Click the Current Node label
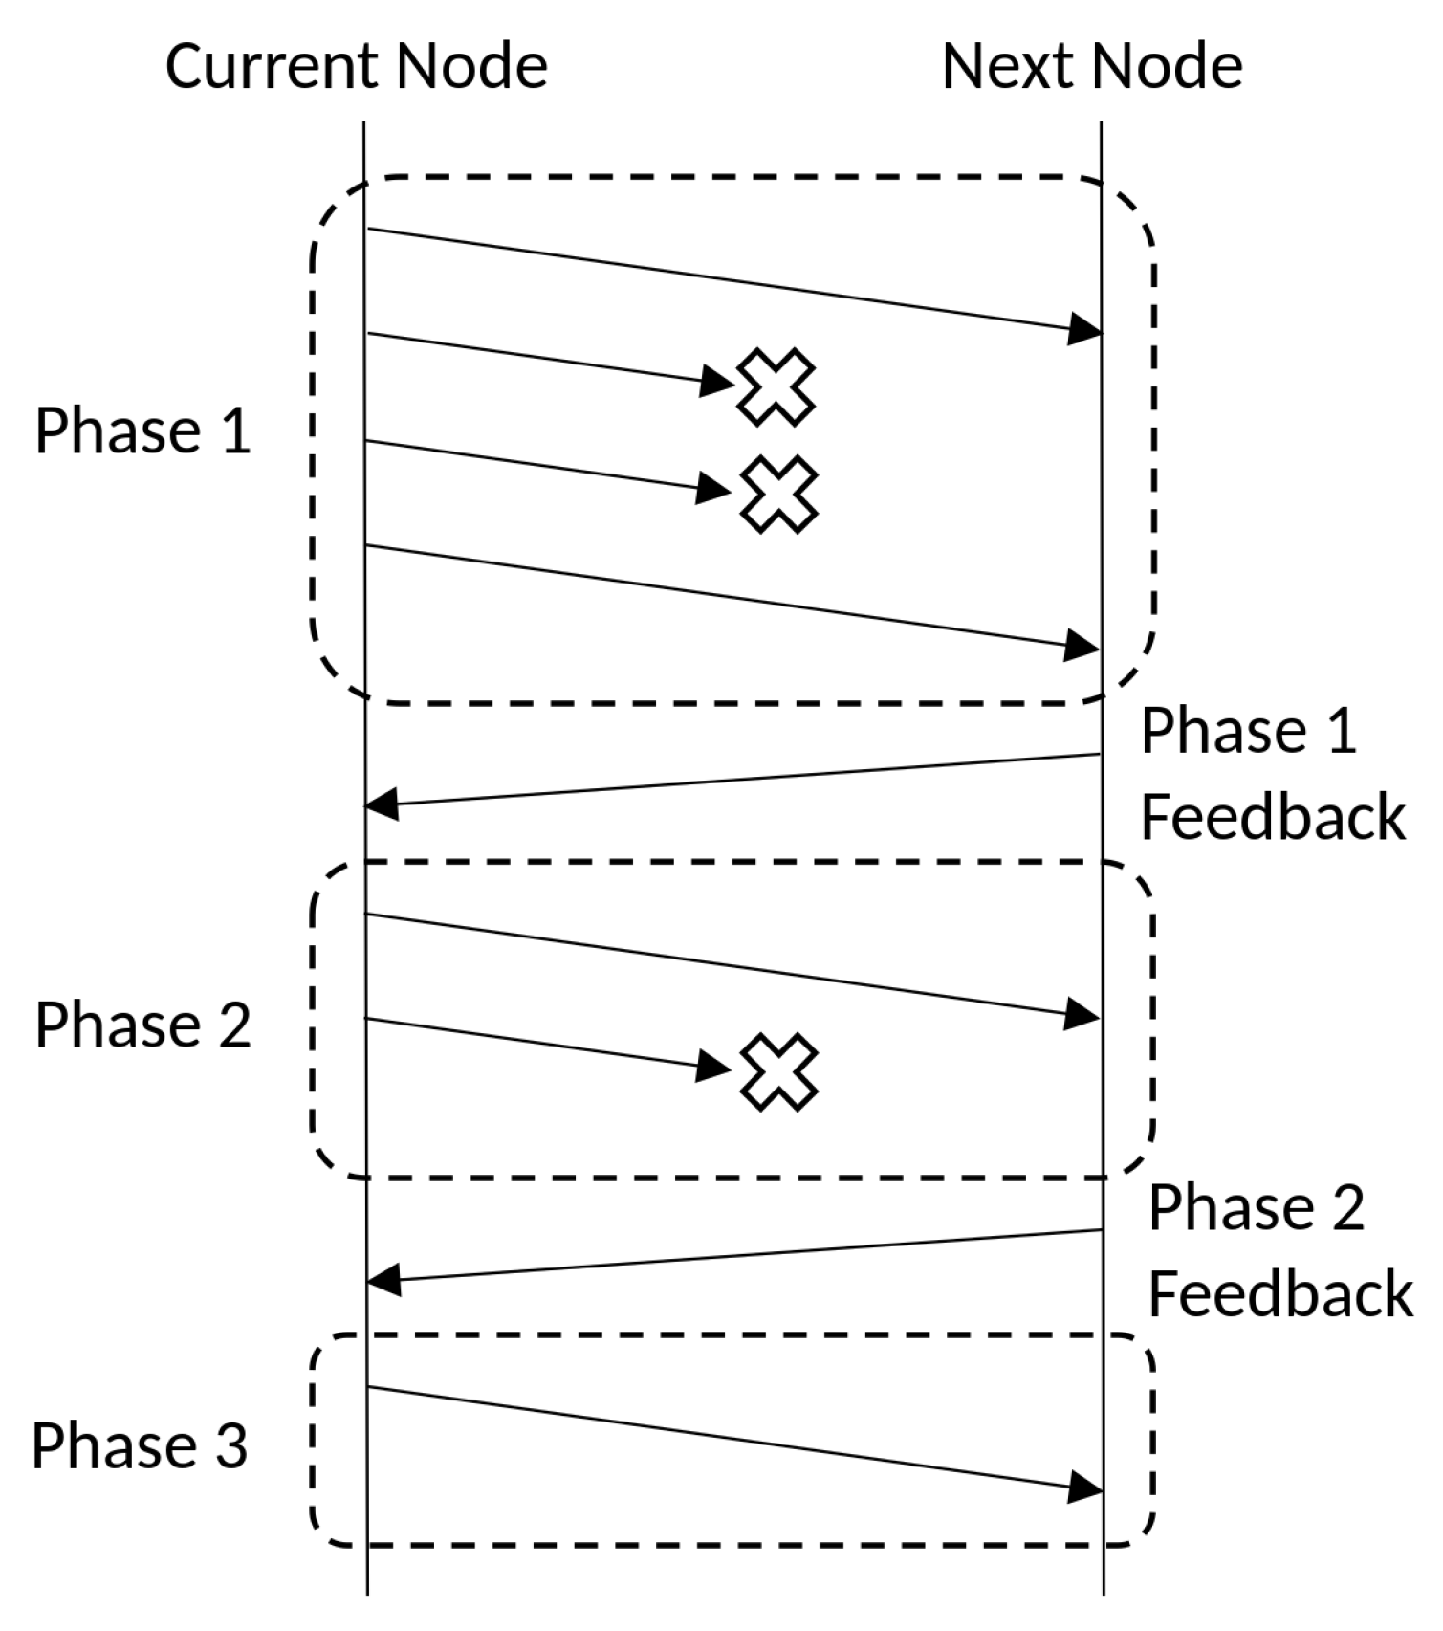[356, 67]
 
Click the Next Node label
[1091, 67]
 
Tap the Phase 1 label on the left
[142, 431]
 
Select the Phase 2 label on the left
[142, 1025]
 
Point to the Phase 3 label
[140, 1445]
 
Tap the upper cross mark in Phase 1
[776, 386]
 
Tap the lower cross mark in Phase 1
[779, 494]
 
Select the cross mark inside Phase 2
[779, 1071]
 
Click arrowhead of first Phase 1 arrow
[1084, 329]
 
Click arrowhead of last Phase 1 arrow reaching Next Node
[1082, 646]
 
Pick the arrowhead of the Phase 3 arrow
[1085, 1487]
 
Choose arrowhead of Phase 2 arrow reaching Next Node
[1082, 1014]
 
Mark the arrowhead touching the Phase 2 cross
[713, 1065]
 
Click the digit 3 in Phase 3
[230, 1445]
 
